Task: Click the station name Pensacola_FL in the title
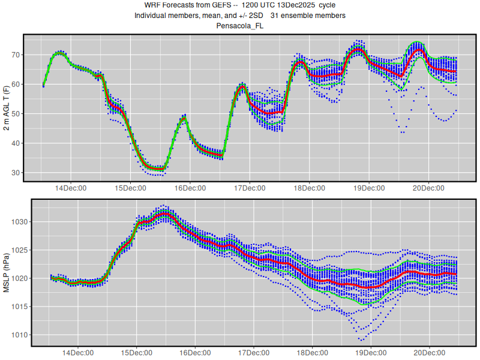(240, 26)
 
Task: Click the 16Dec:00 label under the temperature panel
(189, 188)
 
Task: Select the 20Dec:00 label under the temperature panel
(428, 188)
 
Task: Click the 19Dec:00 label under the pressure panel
(370, 353)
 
